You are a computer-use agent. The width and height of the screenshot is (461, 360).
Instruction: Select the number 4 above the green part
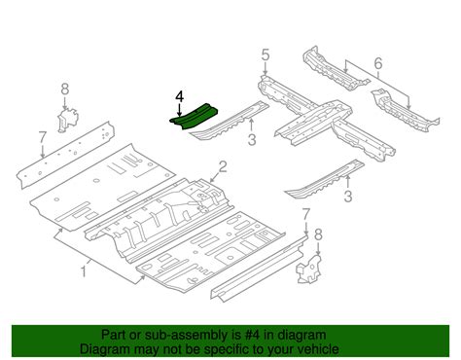[178, 96]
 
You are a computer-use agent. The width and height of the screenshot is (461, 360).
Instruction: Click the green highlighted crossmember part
[194, 117]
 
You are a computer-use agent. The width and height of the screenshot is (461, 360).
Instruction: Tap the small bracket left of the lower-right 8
[306, 270]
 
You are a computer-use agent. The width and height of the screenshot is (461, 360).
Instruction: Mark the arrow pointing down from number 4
[178, 108]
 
